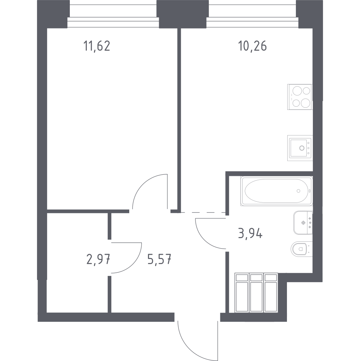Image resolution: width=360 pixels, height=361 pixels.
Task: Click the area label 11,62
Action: tap(96, 46)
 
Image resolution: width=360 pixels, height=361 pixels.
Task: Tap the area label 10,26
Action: tap(252, 46)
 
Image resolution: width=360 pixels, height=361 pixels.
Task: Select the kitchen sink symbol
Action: tap(300, 148)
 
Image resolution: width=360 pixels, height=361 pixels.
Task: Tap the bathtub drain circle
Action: tap(298, 191)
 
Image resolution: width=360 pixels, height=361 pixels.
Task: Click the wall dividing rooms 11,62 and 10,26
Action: tap(179, 119)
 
